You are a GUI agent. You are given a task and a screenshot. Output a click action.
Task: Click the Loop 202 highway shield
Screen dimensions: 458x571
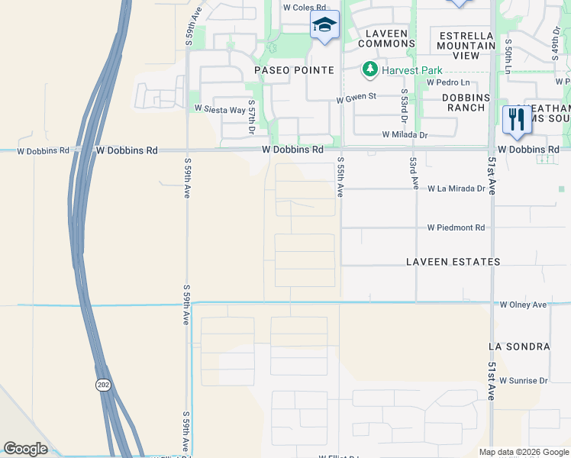(x=103, y=385)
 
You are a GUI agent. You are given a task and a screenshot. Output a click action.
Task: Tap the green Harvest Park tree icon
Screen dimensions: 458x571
(x=369, y=70)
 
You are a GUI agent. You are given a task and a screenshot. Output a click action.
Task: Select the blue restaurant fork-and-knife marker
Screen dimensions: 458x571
(x=517, y=121)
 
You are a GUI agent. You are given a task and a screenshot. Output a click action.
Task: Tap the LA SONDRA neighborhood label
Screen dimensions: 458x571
(x=519, y=347)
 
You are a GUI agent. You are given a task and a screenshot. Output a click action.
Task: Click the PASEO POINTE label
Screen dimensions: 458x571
(x=294, y=70)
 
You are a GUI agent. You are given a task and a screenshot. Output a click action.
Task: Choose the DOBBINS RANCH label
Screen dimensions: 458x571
(x=466, y=102)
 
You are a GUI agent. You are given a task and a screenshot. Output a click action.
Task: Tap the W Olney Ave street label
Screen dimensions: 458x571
(x=524, y=305)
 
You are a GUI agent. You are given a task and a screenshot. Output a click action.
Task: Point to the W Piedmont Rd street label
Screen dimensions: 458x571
(x=456, y=227)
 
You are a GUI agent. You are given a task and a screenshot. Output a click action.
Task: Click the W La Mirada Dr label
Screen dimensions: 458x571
(x=456, y=188)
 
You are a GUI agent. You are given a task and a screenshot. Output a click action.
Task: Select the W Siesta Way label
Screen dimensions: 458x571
(x=220, y=109)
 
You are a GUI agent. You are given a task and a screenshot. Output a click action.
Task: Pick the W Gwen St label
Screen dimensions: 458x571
(x=357, y=98)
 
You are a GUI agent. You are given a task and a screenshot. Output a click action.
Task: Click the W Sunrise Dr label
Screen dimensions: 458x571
(x=523, y=380)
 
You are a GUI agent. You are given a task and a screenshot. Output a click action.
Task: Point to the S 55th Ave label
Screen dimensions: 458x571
(x=340, y=177)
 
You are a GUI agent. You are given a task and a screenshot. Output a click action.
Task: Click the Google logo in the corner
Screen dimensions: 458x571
(x=25, y=449)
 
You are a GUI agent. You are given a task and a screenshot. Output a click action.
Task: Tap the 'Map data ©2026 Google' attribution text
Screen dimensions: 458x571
(x=523, y=452)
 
